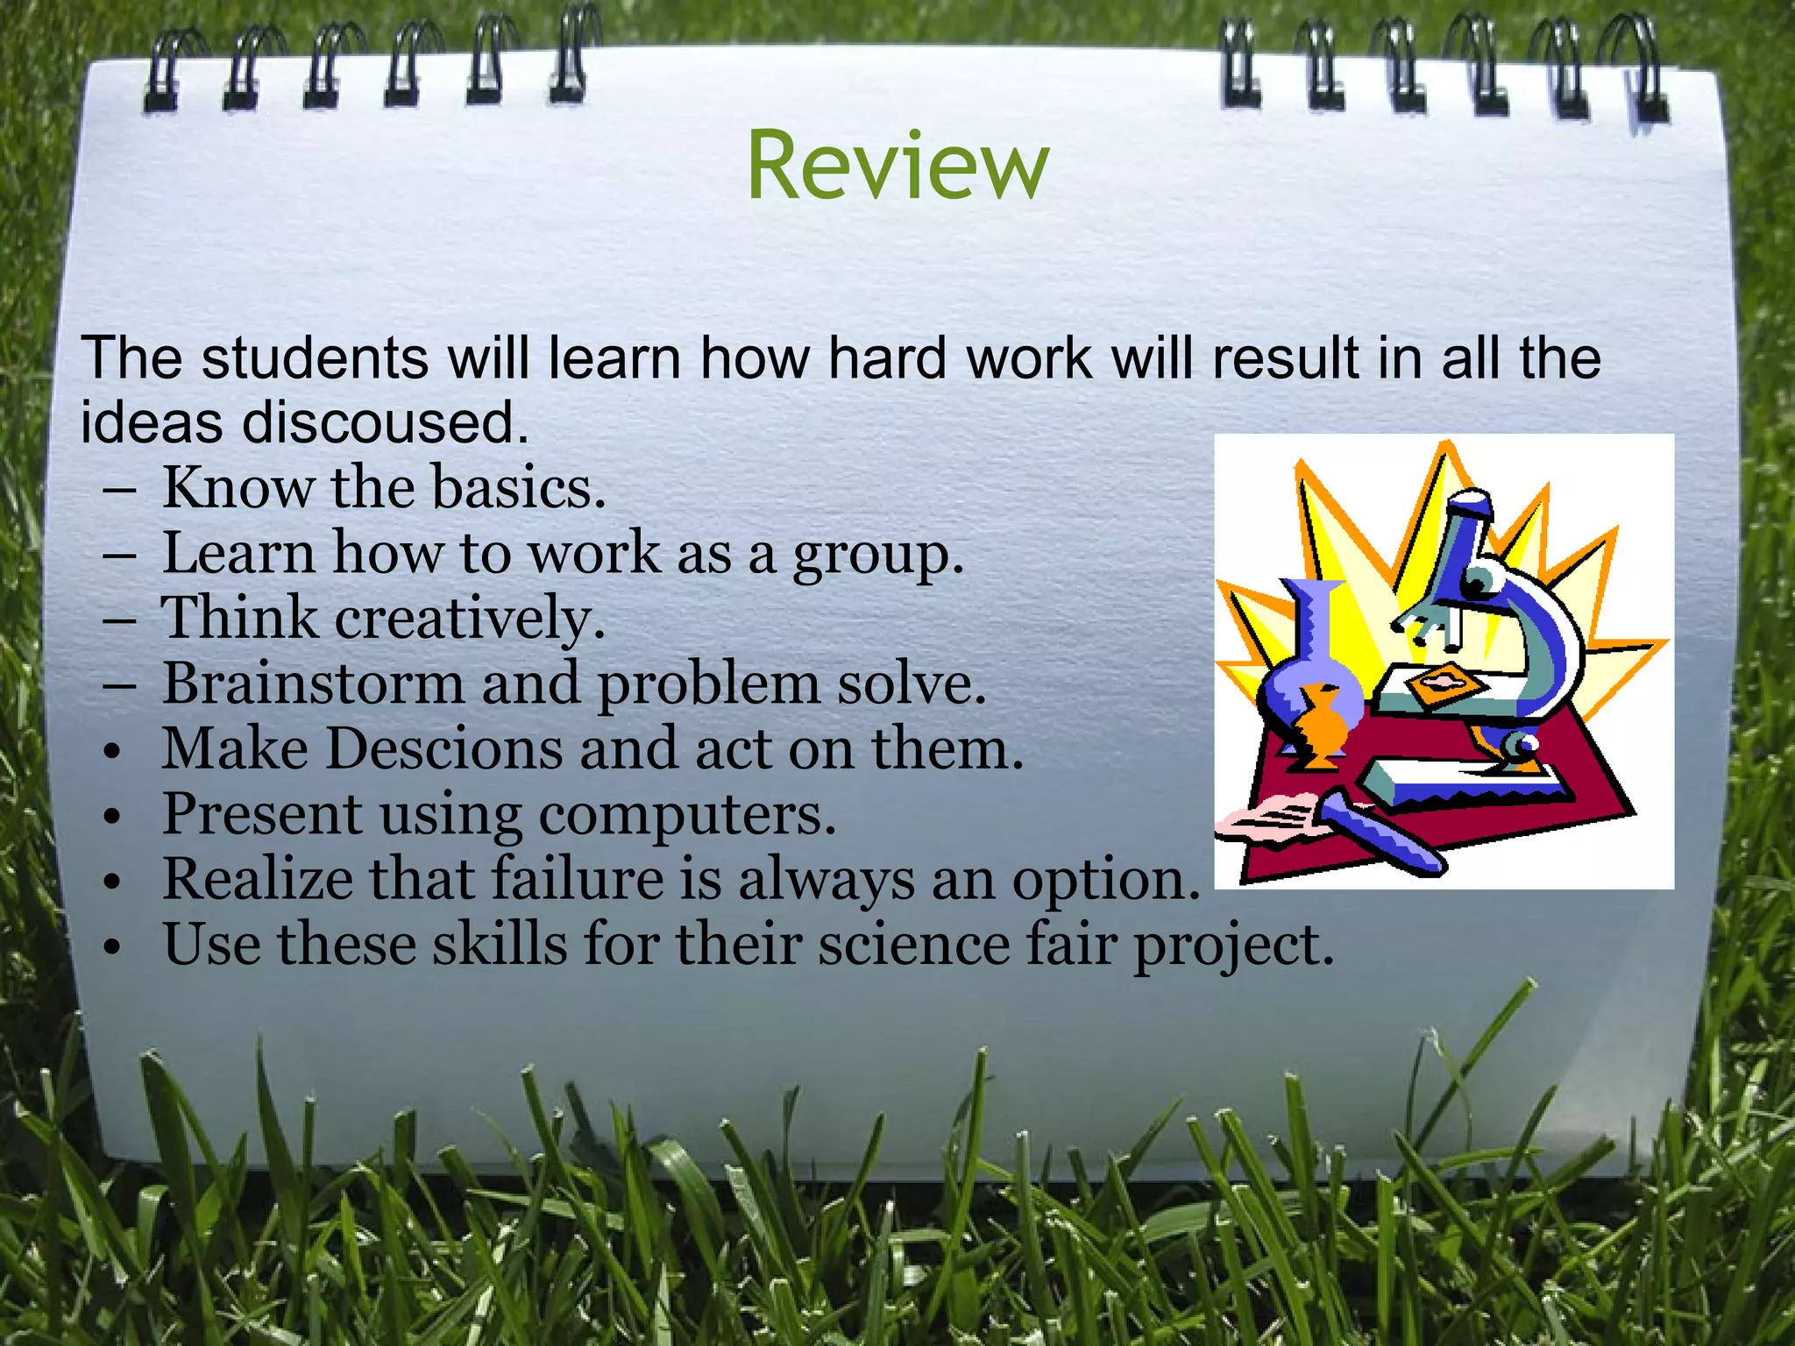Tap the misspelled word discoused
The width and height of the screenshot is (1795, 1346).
point(385,422)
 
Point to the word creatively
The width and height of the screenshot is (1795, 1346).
point(470,619)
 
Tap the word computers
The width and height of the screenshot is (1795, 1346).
point(687,815)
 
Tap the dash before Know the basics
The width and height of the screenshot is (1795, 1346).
point(118,489)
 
